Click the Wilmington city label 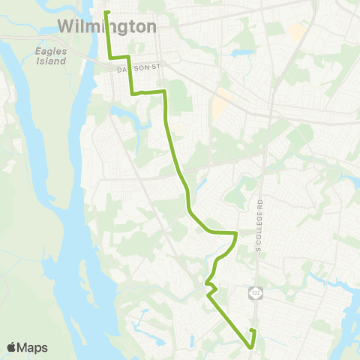(x=107, y=27)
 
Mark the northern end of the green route (x=106, y=12)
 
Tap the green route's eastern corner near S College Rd (x=237, y=233)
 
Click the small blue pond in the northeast (x=241, y=54)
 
